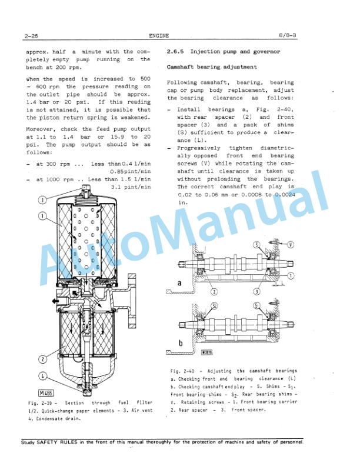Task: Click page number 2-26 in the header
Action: (x=32, y=36)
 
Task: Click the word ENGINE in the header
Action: (x=159, y=36)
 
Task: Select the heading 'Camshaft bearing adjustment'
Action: (x=212, y=68)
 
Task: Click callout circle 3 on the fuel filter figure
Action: (x=42, y=200)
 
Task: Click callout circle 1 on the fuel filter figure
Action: (x=42, y=216)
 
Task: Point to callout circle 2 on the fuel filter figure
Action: (x=42, y=358)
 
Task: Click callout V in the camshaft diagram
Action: (x=291, y=245)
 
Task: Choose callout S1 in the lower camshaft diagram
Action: (x=257, y=305)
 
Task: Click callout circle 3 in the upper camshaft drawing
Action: (x=257, y=291)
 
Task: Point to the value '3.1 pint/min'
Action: (x=131, y=187)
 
